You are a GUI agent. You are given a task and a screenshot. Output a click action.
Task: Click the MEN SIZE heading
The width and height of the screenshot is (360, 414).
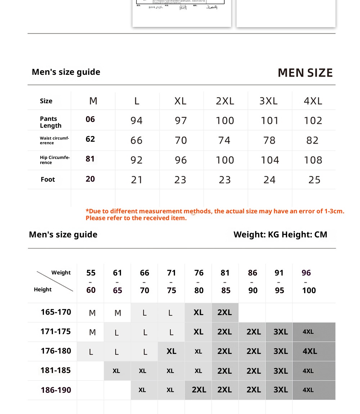[305, 73]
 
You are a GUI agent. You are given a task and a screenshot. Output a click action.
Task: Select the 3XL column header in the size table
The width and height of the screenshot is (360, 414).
[269, 101]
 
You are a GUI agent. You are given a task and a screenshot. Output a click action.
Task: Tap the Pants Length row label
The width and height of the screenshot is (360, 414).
[51, 122]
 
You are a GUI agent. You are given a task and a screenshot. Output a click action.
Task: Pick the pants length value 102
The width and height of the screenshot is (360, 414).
[313, 120]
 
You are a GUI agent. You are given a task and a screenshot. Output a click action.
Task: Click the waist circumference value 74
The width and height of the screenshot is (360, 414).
[224, 140]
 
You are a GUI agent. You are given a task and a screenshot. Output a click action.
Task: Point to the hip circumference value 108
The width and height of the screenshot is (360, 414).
[313, 160]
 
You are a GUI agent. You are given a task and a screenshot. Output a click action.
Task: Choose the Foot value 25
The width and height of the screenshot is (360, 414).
[314, 180]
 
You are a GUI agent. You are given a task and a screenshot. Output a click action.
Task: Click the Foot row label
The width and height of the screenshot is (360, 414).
[48, 179]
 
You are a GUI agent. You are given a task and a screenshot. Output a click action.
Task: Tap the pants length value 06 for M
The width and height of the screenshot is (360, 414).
[90, 119]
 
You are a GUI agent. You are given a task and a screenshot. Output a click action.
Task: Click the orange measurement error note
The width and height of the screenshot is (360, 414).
[215, 214]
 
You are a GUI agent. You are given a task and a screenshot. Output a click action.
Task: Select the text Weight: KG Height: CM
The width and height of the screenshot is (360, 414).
[280, 235]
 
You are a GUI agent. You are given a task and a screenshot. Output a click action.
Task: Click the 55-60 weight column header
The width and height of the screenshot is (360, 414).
[91, 281]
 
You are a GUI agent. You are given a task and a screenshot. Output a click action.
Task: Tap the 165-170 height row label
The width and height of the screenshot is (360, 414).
[56, 312]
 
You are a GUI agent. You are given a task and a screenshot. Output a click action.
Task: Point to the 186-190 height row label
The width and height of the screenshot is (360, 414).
[56, 390]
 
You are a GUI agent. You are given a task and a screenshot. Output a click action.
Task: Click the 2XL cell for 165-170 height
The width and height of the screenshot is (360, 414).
[225, 312]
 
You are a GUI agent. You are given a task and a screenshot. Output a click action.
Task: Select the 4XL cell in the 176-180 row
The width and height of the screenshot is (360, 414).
[310, 351]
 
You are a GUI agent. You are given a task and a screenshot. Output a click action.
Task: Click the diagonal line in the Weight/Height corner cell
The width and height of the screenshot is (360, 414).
[55, 281]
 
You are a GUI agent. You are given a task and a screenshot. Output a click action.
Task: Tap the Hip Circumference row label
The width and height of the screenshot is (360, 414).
[55, 160]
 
